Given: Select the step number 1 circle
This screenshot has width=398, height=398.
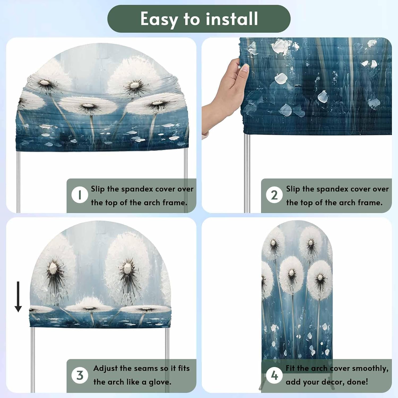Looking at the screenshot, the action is (80, 195).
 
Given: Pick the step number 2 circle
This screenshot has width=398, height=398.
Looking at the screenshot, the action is (274, 195).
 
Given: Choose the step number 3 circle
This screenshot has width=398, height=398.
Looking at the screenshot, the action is (80, 375).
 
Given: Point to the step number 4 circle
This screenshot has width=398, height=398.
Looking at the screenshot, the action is (274, 375).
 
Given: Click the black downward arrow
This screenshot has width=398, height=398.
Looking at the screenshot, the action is (18, 297).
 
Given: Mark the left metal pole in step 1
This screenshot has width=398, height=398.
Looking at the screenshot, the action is (18, 182).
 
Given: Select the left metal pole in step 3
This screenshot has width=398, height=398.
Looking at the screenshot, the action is (33, 360).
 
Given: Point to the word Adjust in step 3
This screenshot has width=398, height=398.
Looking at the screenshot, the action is (105, 369).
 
